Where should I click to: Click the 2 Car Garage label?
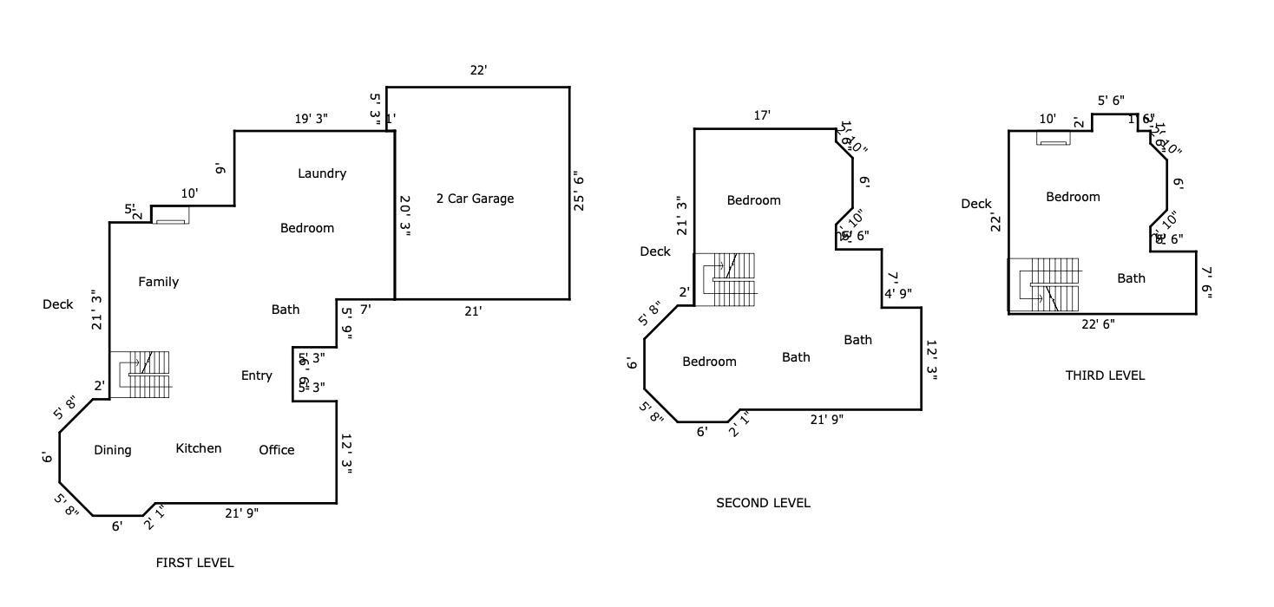point(475,199)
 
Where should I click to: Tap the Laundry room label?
point(322,173)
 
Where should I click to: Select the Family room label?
point(159,282)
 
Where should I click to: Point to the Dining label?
point(113,450)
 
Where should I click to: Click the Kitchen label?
point(199,448)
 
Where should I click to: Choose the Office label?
point(277,450)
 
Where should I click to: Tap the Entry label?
point(256,375)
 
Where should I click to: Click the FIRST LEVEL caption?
point(194,563)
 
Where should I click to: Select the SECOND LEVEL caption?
point(763,503)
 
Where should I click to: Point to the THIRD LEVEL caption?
point(1105,375)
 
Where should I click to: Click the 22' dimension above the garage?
point(478,70)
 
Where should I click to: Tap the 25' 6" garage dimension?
point(579,193)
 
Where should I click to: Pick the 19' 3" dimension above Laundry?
point(311,119)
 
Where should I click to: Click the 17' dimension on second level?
point(762,115)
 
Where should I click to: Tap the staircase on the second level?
point(729,278)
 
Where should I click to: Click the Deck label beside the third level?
point(976,204)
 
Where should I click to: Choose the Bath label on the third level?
point(1131,278)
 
